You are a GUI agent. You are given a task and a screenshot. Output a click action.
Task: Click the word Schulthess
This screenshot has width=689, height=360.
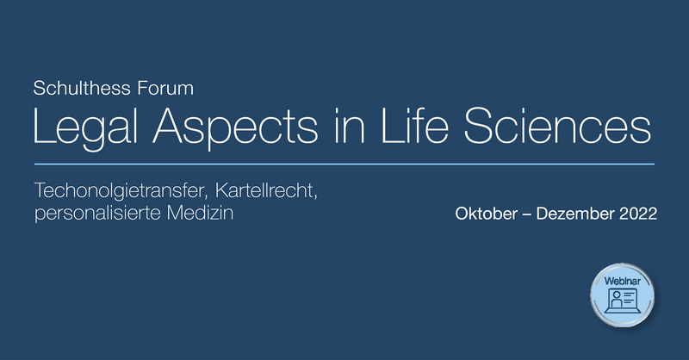pos(82,89)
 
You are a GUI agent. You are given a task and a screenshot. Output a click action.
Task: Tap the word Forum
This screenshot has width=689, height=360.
pos(165,89)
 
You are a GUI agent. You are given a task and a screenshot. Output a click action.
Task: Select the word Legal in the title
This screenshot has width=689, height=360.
pos(86,127)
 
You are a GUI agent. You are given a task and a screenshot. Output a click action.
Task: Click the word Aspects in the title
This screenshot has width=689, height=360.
pos(235,127)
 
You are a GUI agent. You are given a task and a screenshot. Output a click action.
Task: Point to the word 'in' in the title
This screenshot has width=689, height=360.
pos(350,125)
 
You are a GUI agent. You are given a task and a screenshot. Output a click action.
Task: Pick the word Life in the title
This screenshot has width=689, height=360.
pos(415,125)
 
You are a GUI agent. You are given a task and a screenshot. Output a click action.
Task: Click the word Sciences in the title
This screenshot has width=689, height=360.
pos(557,125)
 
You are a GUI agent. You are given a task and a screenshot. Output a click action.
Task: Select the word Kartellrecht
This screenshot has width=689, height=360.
pos(266,190)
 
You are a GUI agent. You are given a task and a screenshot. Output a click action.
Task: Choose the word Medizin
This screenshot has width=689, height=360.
pos(200,213)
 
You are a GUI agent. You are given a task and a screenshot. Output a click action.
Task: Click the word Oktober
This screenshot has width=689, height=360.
pos(486,214)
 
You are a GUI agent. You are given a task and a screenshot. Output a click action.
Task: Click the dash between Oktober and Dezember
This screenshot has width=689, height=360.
pos(527,215)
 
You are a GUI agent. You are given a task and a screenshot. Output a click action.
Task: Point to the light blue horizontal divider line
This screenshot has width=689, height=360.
pos(344,164)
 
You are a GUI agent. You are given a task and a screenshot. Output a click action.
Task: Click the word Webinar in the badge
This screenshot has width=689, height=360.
pos(622,281)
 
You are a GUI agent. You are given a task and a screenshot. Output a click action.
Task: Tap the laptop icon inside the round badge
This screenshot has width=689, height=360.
pos(622,301)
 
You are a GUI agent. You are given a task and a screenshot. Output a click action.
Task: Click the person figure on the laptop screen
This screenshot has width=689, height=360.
pos(617,300)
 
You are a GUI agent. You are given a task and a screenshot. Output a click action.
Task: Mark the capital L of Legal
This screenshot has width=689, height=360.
pos(45,125)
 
